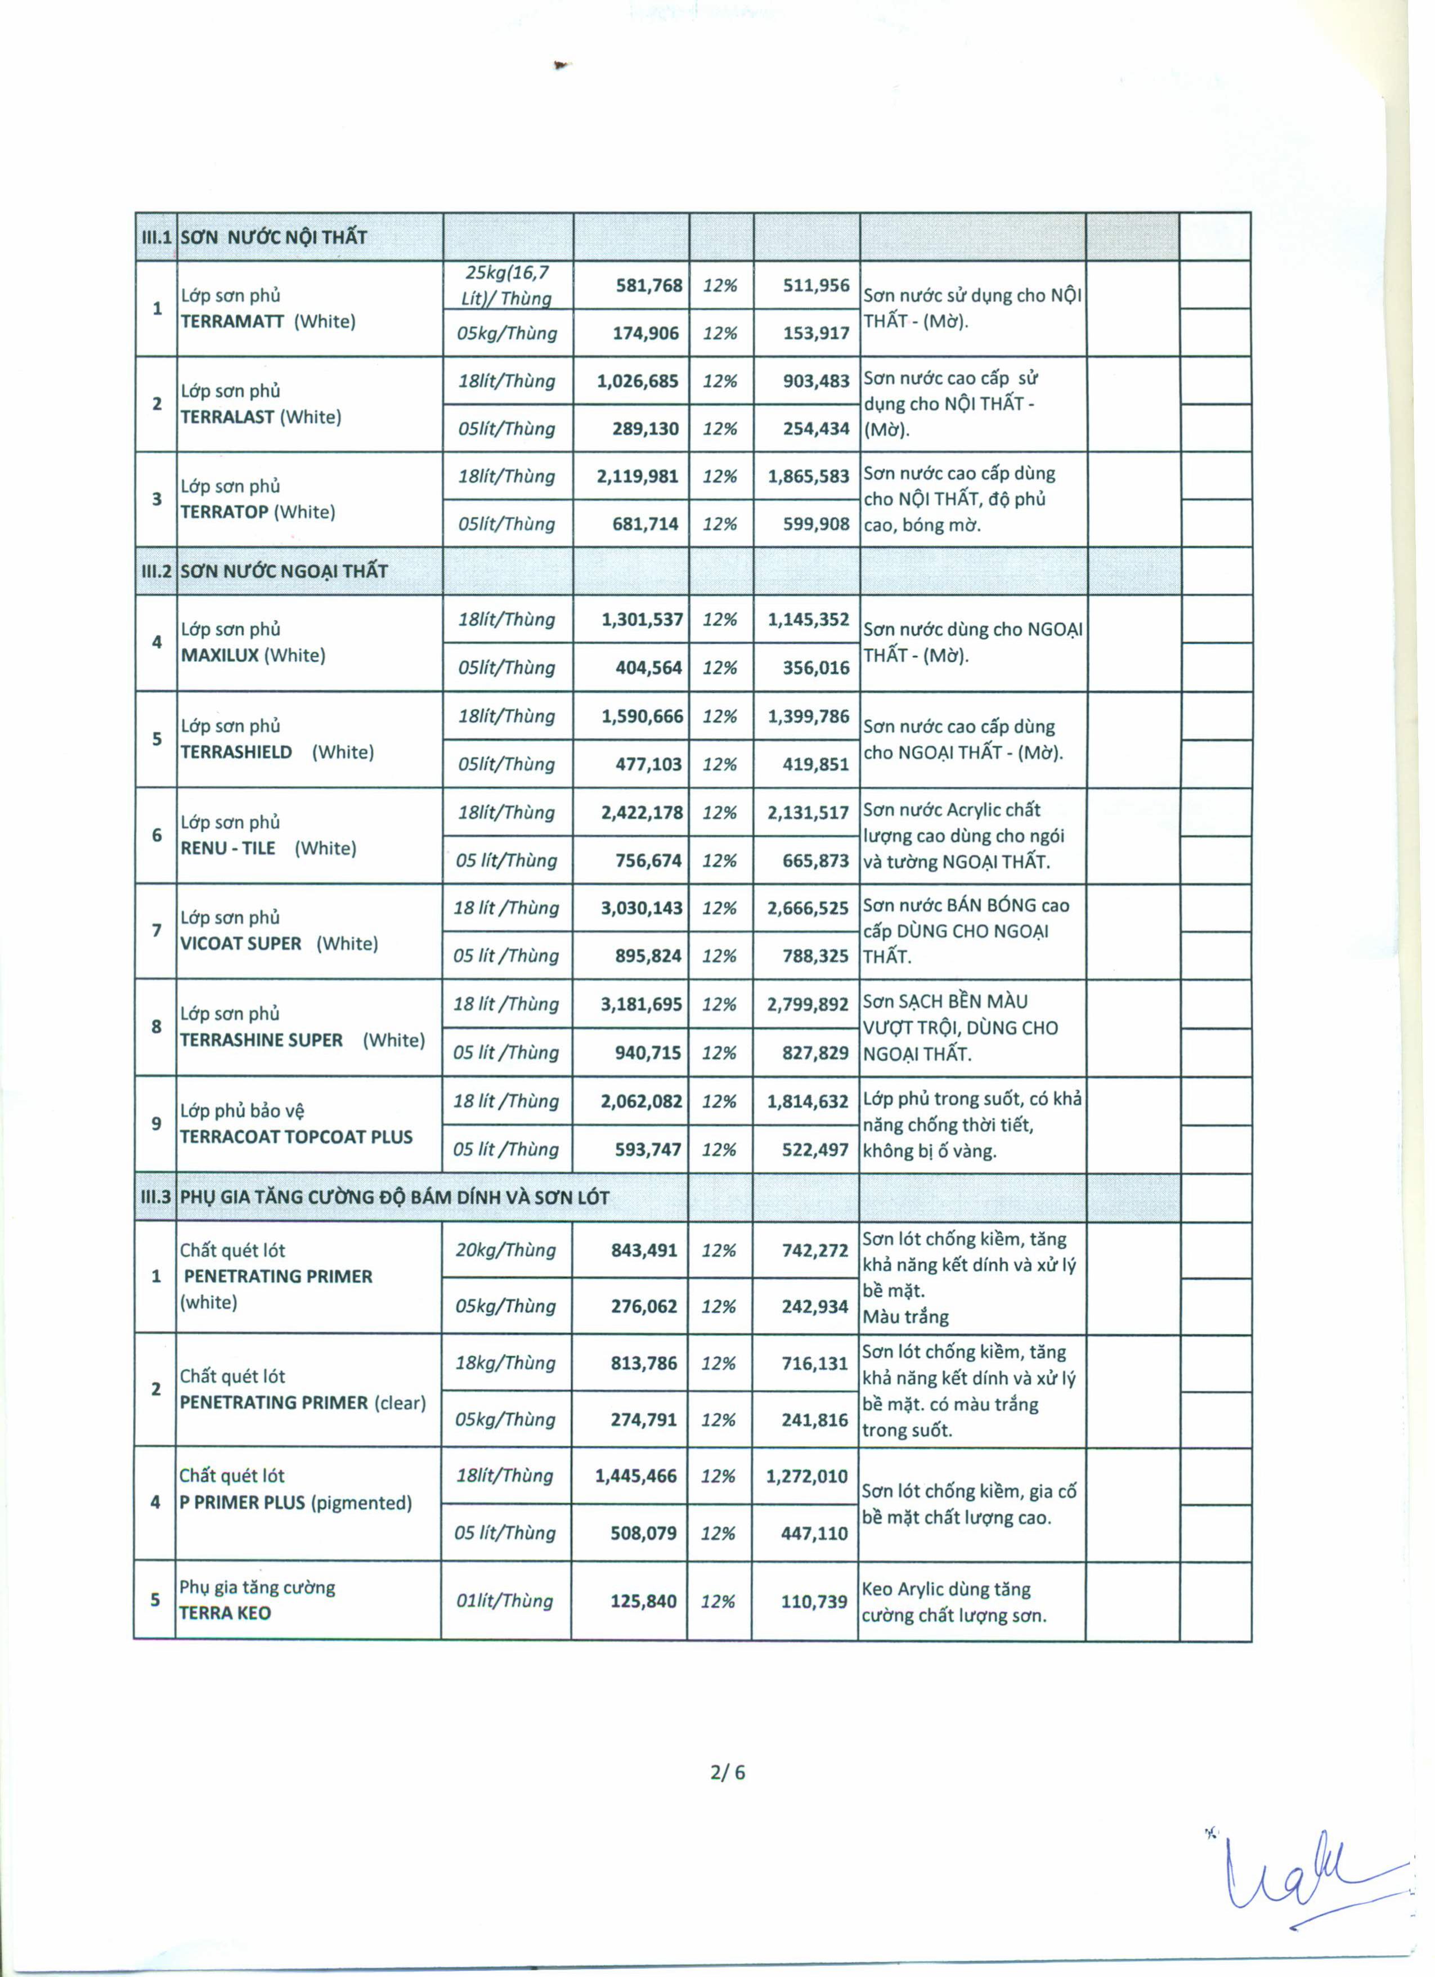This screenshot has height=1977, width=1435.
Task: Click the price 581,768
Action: (x=649, y=285)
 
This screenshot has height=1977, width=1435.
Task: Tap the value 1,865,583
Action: (x=808, y=476)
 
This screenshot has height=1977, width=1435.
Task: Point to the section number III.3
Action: (x=155, y=1197)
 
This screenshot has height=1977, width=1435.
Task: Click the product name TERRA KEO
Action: (x=225, y=1613)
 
